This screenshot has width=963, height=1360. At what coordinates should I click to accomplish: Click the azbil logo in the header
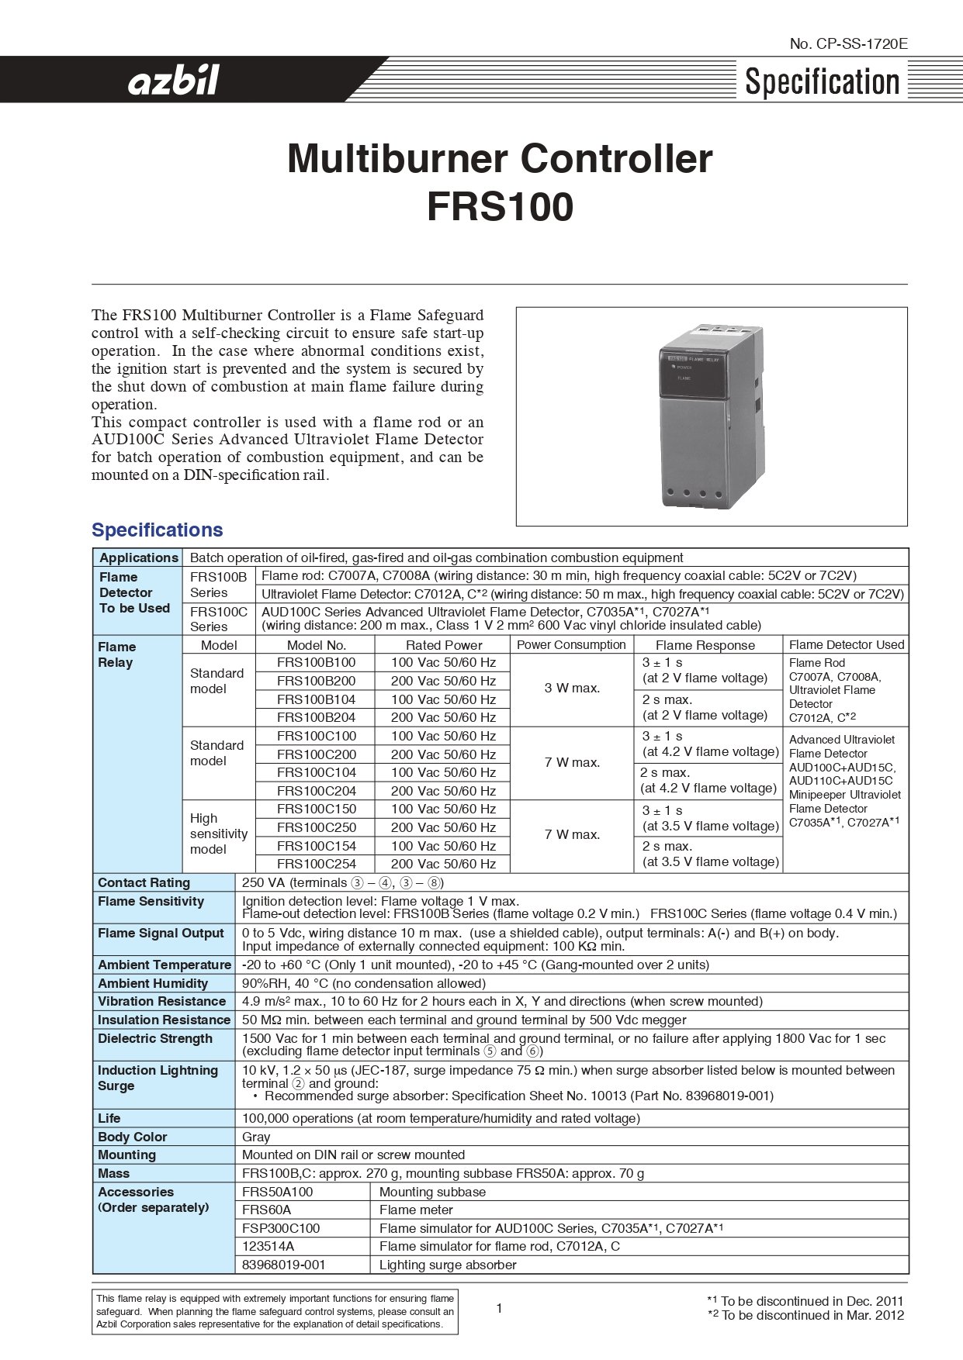[x=174, y=80]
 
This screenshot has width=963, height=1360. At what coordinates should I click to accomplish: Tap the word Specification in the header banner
[x=822, y=81]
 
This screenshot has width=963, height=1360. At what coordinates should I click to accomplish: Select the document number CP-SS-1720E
[x=848, y=44]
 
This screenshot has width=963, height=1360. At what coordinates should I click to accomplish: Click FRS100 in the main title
[x=500, y=207]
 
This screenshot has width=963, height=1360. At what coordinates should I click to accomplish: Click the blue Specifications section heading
[x=157, y=530]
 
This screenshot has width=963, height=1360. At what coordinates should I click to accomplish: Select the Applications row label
[x=138, y=557]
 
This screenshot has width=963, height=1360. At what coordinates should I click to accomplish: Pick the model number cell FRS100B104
[x=316, y=699]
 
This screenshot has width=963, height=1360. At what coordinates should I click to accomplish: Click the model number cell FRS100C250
[x=316, y=827]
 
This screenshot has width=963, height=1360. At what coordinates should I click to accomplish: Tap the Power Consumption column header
[x=571, y=645]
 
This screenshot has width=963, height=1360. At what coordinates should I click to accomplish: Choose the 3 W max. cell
[x=572, y=688]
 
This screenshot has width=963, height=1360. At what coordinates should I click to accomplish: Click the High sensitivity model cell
[x=218, y=834]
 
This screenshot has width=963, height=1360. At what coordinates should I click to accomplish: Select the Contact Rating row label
[x=144, y=882]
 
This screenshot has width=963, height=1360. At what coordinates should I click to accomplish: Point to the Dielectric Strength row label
[x=154, y=1038]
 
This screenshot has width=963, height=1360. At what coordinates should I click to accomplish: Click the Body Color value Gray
[x=256, y=1137]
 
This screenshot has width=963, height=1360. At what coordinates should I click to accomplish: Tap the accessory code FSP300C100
[x=281, y=1228]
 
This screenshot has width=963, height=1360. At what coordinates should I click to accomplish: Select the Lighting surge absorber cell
[x=448, y=1265]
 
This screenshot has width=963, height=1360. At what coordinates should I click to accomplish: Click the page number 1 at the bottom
[x=499, y=1309]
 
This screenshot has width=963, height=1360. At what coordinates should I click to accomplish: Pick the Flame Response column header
[x=705, y=645]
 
